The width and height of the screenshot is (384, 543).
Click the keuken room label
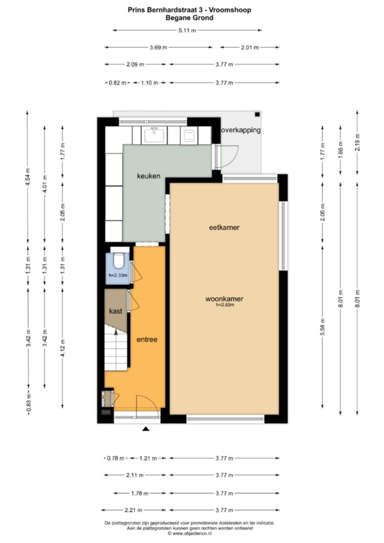(149, 176)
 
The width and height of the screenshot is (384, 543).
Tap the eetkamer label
(224, 228)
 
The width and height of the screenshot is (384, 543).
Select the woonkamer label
(224, 298)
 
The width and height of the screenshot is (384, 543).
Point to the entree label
(147, 340)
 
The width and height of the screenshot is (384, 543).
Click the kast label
(116, 311)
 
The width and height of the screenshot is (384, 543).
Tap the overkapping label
(241, 130)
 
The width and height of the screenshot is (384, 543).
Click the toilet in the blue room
(119, 261)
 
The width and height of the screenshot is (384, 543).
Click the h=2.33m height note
(118, 275)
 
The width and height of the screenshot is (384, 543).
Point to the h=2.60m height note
(225, 305)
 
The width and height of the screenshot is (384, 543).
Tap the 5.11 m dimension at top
(187, 31)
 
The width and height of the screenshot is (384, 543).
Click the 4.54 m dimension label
(28, 177)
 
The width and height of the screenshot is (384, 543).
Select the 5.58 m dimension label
(323, 327)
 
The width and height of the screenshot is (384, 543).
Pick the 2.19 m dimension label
(357, 142)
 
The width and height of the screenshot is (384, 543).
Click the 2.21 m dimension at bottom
(133, 510)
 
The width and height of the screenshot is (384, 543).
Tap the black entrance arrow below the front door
(146, 429)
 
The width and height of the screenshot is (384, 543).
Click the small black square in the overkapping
(257, 114)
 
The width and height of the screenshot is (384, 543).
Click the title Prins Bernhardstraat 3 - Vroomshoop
(189, 10)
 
